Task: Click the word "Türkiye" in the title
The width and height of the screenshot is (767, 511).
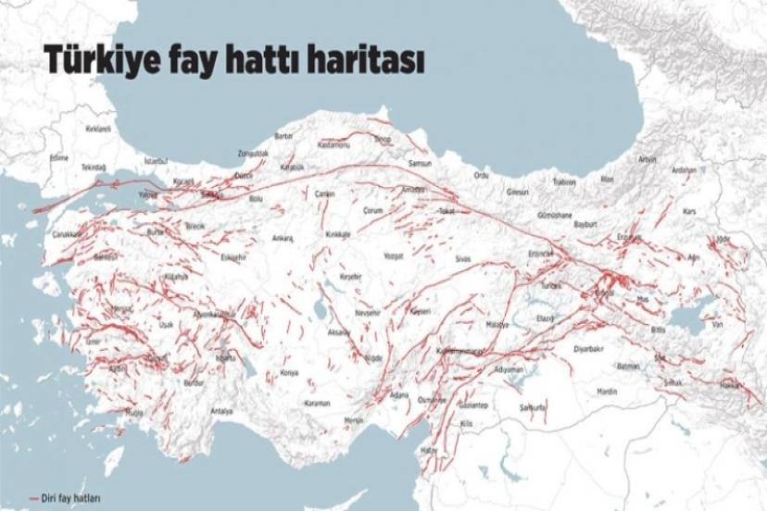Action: point(94,62)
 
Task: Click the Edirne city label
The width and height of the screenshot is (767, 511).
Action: point(59,158)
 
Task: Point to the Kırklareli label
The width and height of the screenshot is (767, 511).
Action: point(97,130)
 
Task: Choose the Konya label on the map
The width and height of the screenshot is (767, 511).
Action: point(290,373)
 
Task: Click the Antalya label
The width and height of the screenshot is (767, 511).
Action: point(221,410)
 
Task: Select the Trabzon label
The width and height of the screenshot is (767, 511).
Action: point(564,182)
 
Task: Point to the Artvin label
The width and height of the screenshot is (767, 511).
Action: point(647,159)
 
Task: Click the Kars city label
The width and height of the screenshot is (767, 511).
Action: point(688,212)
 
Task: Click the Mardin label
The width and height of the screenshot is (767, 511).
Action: point(607,392)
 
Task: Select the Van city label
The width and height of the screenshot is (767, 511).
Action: point(715,325)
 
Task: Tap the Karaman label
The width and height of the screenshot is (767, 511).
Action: point(318,404)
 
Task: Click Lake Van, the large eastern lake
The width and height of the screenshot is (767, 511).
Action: point(689,315)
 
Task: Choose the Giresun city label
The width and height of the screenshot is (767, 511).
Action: point(517,192)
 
